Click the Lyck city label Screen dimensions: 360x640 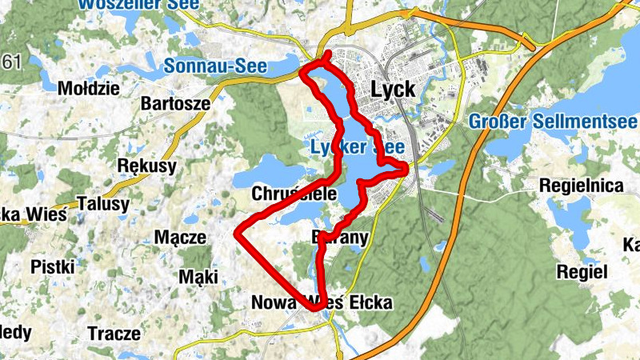pos(393,90)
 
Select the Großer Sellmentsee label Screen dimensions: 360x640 pos(551,123)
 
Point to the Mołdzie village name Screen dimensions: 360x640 pos(88,87)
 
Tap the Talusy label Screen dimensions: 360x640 pos(104,204)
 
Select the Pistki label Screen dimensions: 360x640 pos(54,266)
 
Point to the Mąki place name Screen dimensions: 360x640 pos(198,277)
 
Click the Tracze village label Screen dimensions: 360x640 pos(114,332)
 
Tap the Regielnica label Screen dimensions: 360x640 pos(582,186)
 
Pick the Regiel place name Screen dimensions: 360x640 pos(582,272)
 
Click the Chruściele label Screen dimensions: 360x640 pos(294,194)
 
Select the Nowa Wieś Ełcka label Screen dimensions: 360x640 pos(322,302)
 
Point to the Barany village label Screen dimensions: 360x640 pos(338,237)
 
